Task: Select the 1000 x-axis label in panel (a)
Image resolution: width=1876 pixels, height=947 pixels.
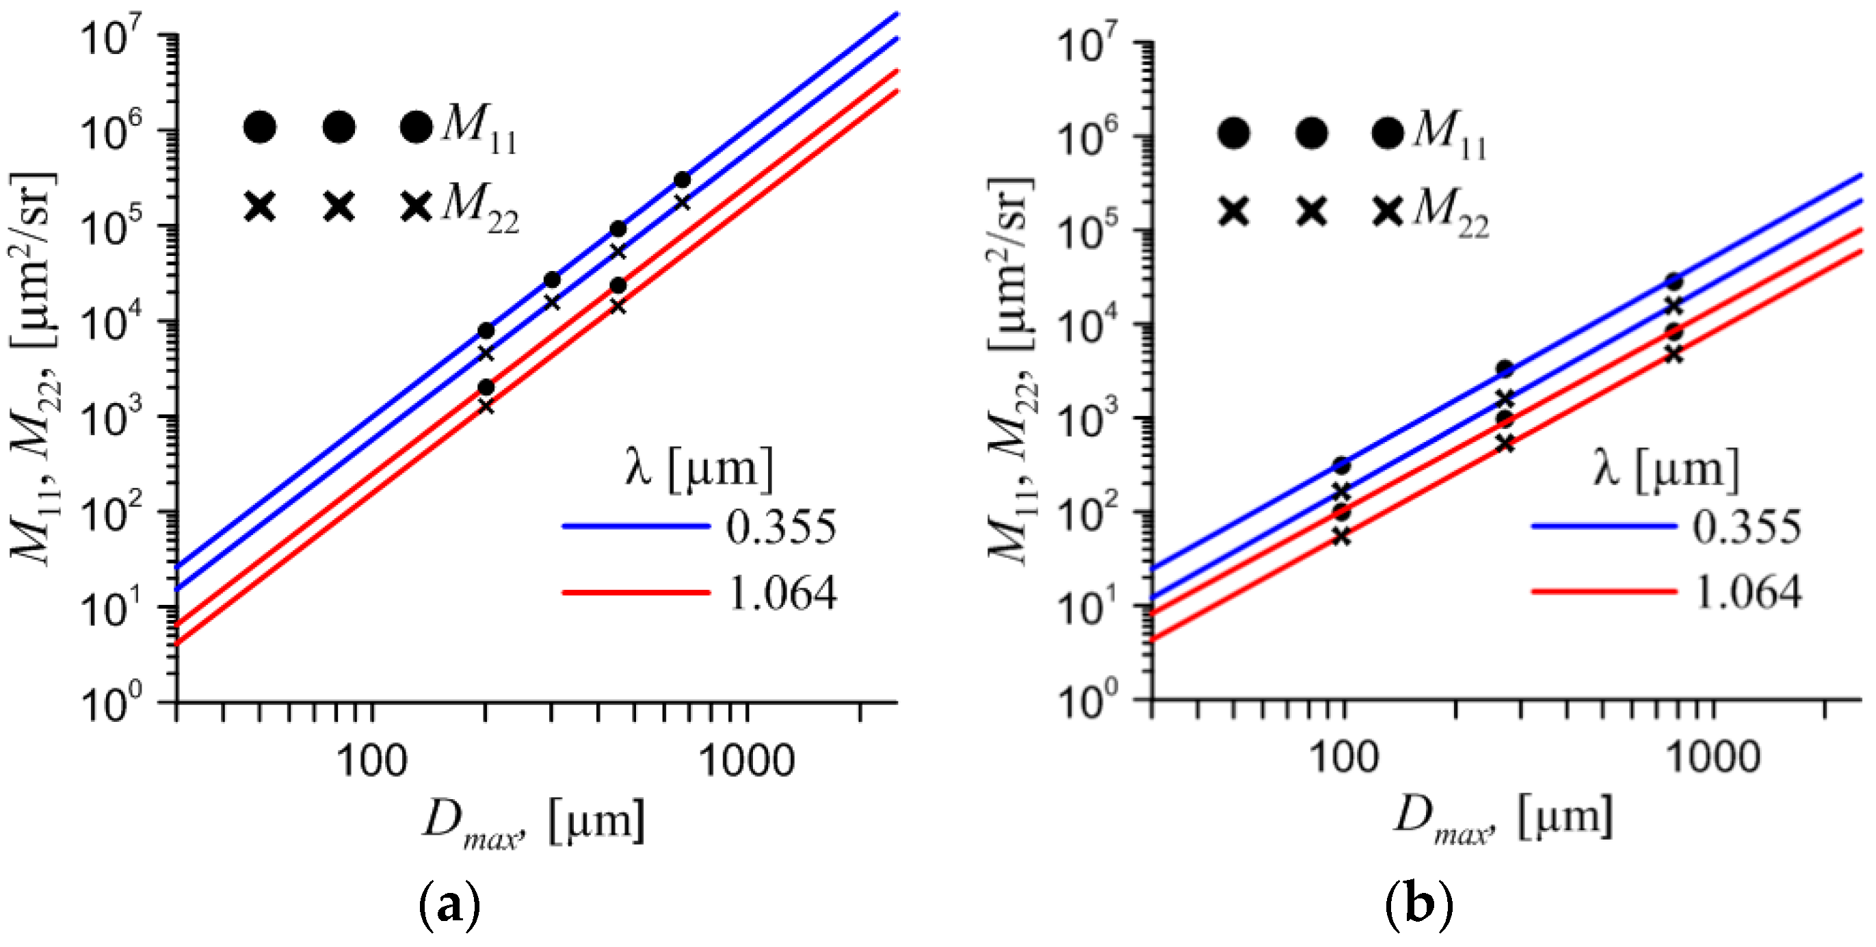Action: pyautogui.click(x=746, y=762)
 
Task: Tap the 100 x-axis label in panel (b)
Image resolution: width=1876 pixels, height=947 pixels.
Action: pyautogui.click(x=1344, y=757)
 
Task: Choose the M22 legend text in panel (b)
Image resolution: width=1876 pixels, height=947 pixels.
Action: pyautogui.click(x=1451, y=213)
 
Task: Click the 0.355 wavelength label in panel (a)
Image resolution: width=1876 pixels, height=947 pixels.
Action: pyautogui.click(x=780, y=527)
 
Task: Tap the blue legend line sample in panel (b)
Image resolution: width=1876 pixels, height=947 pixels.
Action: pyautogui.click(x=1604, y=526)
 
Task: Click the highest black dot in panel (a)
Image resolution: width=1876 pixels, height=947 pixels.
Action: pyautogui.click(x=682, y=180)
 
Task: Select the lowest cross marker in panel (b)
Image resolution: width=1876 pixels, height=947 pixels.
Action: pyautogui.click(x=1341, y=537)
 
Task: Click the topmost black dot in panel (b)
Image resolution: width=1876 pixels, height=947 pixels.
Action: pyautogui.click(x=1674, y=282)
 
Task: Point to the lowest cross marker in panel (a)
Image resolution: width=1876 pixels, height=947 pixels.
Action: pyautogui.click(x=486, y=406)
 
